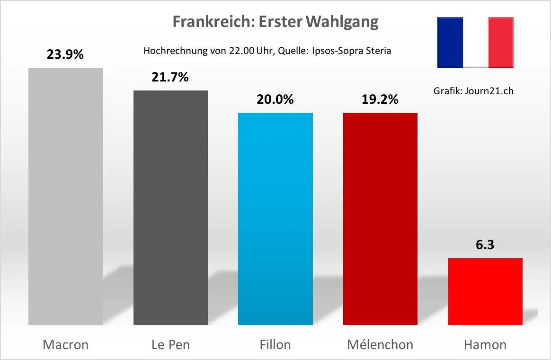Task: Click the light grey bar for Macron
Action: (65, 197)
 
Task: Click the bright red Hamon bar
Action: (485, 291)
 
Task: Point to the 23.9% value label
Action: (65, 54)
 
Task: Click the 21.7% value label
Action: (170, 77)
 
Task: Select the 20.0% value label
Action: (275, 99)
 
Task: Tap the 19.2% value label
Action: (380, 99)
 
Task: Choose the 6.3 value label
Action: (485, 245)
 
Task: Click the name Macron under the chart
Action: (65, 344)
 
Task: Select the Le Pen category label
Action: (170, 344)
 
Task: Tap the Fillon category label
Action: (275, 344)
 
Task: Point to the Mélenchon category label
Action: (380, 344)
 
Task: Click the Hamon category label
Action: (485, 344)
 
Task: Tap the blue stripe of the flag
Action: (450, 43)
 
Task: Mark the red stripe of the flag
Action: (501, 43)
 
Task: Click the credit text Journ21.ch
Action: (489, 91)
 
